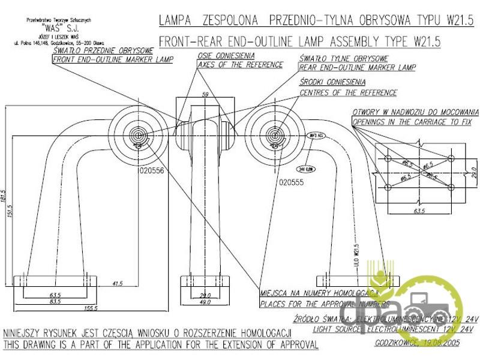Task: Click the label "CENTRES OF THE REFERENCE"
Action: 349,92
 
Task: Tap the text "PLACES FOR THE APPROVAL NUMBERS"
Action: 325,304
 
